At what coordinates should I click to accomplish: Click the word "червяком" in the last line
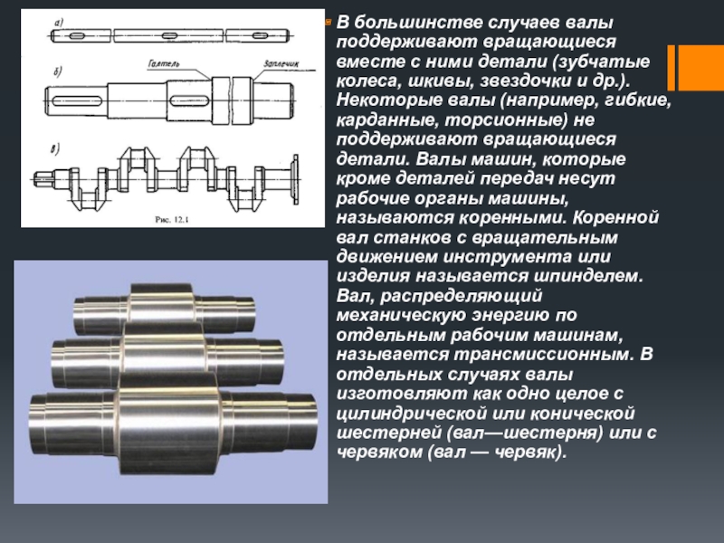point(379,452)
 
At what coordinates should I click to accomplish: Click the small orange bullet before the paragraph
point(329,21)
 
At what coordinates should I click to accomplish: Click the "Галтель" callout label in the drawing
point(164,63)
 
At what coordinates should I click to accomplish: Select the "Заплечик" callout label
point(281,63)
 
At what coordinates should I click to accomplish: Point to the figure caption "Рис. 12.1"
point(172,220)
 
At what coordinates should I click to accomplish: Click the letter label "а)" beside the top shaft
point(59,22)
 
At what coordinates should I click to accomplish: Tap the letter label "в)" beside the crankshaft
point(55,149)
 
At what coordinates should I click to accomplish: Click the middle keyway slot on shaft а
point(169,35)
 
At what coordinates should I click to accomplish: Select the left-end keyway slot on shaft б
point(77,100)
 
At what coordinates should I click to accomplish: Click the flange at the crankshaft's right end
point(295,179)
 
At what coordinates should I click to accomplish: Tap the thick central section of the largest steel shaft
point(168,424)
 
